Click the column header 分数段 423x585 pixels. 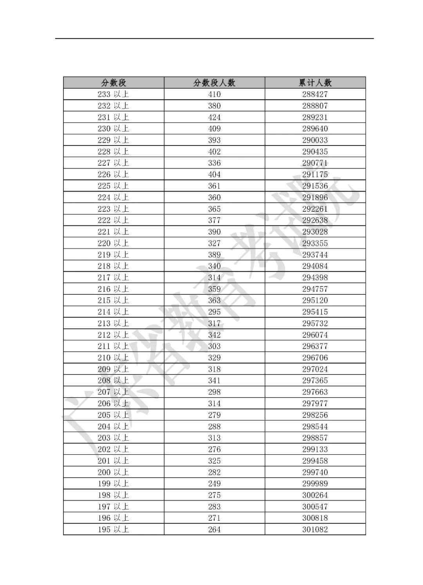114,83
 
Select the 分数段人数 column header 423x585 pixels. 214,83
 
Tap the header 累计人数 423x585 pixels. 315,83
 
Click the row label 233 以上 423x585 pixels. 113,94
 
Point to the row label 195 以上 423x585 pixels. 113,529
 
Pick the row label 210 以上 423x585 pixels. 113,358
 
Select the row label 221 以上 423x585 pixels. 113,232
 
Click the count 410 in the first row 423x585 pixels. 214,94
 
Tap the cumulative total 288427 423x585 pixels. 315,94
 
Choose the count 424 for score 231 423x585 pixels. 214,117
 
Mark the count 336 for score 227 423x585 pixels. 214,163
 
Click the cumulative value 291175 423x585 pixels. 315,174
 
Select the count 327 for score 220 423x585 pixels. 214,243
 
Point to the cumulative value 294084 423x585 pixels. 315,266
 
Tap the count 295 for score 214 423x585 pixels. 214,312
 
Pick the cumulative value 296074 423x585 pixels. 315,335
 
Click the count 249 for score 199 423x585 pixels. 214,483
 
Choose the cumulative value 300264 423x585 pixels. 315,495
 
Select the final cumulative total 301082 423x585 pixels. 315,529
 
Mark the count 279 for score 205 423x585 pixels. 214,415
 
